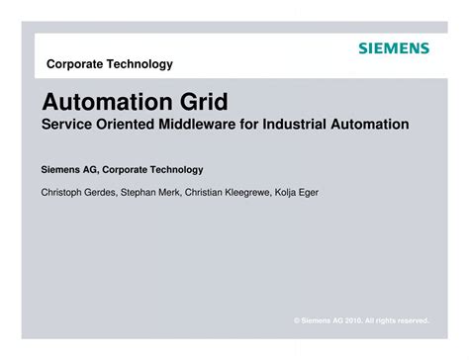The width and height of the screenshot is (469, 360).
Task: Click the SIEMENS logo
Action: tap(394, 46)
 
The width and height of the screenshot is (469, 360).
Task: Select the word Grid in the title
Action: tap(206, 103)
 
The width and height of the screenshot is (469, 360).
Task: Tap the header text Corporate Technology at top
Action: tap(110, 64)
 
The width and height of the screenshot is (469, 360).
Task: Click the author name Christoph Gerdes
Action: tap(79, 192)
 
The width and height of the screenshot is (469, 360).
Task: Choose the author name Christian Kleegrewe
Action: tap(232, 192)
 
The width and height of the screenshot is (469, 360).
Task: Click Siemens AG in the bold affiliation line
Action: tap(68, 169)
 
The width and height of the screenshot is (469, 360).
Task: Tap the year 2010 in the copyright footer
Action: tap(352, 319)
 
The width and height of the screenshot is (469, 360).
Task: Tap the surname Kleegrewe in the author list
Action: tap(251, 192)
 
